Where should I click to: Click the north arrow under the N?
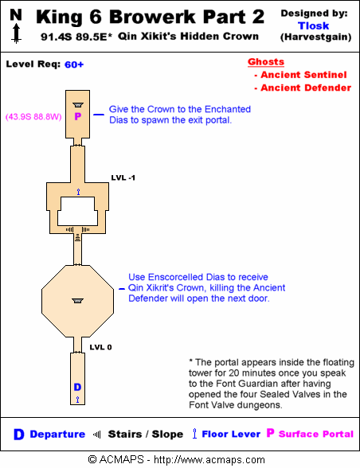17,33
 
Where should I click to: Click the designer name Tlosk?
314,25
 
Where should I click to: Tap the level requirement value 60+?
74,64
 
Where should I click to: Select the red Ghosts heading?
266,62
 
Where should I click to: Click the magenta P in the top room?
78,116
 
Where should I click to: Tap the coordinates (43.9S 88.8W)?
33,116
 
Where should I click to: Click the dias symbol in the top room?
78,105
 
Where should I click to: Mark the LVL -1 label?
123,177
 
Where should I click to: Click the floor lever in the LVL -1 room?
78,192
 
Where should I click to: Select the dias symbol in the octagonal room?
78,301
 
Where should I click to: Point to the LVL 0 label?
100,347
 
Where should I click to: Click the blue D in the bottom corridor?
77,387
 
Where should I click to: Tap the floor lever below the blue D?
77,400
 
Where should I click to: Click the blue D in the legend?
18,435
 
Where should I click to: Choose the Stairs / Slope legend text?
146,434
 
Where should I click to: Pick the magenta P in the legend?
270,432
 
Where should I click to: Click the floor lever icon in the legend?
194,433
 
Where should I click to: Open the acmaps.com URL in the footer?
209,460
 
